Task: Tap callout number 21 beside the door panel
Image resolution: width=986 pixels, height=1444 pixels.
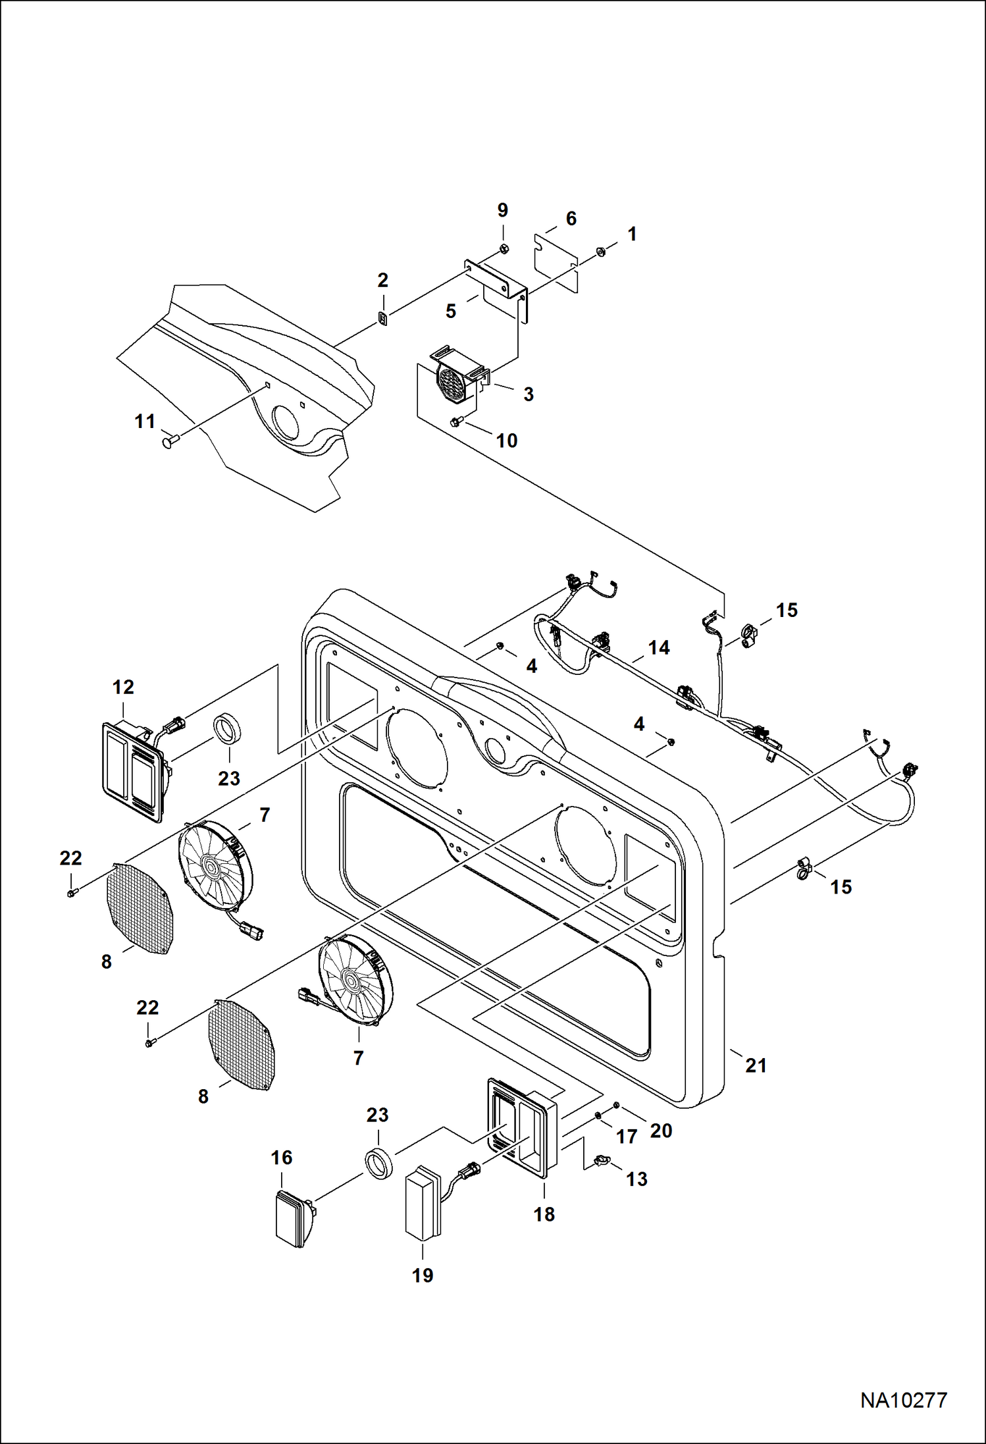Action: pyautogui.click(x=756, y=1065)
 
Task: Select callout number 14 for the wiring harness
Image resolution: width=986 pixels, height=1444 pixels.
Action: pyautogui.click(x=658, y=648)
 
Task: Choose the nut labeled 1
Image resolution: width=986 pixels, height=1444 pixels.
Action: pyautogui.click(x=600, y=251)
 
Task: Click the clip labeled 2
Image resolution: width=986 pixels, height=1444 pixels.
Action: pyautogui.click(x=383, y=319)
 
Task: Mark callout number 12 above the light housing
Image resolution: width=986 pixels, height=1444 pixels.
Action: pyautogui.click(x=123, y=687)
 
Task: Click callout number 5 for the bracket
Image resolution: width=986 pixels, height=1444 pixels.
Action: pyautogui.click(x=451, y=311)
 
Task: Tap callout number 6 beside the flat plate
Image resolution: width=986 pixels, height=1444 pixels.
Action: pyautogui.click(x=571, y=219)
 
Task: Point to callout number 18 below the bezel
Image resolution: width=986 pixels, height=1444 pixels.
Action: pyautogui.click(x=544, y=1214)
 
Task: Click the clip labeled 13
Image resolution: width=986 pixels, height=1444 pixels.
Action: pyautogui.click(x=600, y=1160)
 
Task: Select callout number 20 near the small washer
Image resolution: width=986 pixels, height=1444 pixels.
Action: pyautogui.click(x=661, y=1131)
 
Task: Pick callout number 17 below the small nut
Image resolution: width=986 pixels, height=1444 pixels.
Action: pyautogui.click(x=626, y=1136)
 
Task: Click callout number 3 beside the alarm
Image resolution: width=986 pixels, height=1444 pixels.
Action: pyautogui.click(x=529, y=394)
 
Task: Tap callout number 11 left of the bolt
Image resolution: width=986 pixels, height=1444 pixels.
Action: pyautogui.click(x=145, y=421)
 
